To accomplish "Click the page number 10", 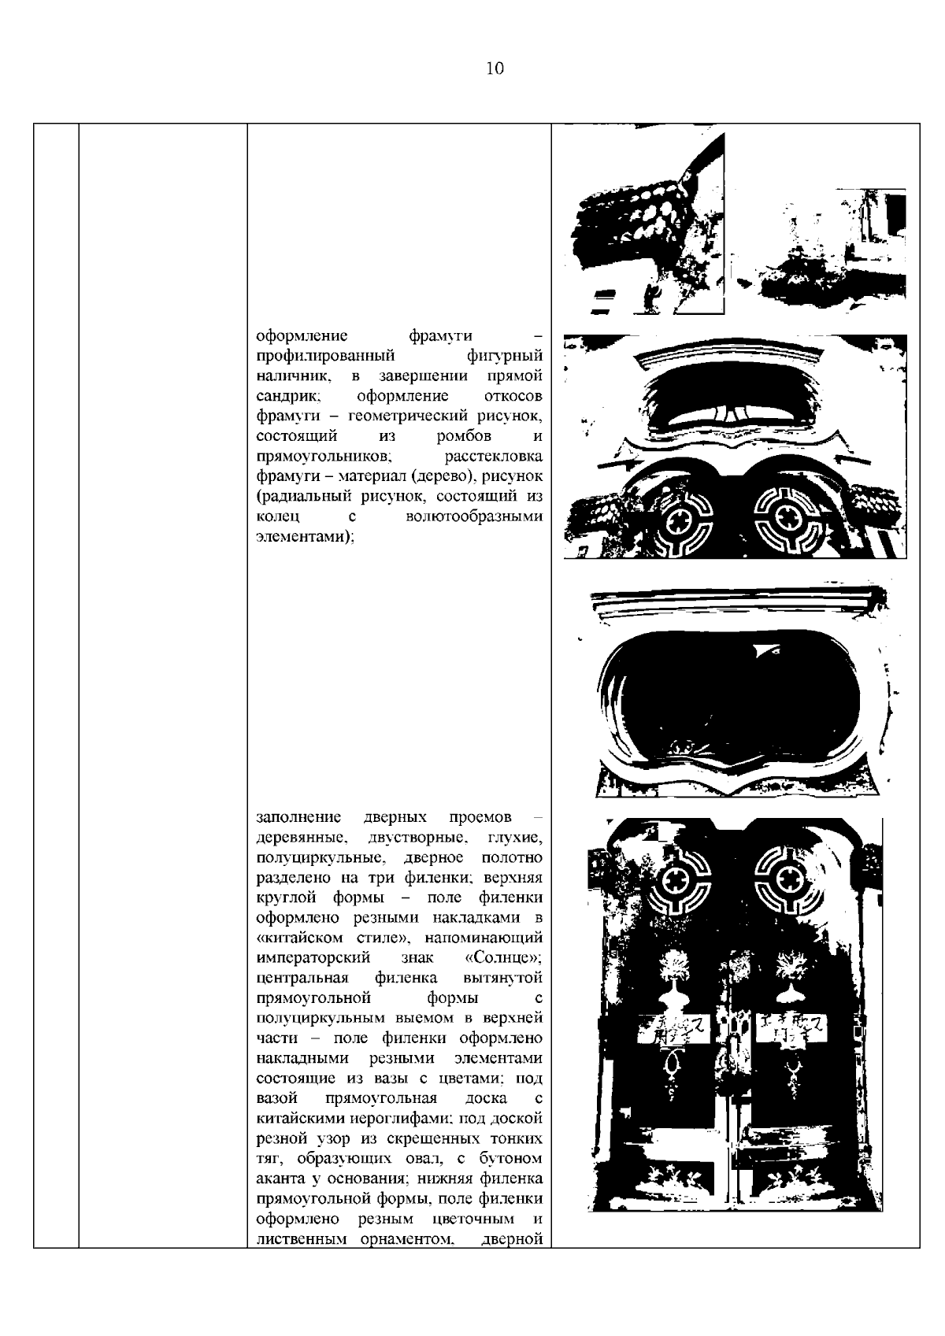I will pos(494,68).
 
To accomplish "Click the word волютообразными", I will pos(474,517).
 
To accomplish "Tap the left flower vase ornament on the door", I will pos(674,980).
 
